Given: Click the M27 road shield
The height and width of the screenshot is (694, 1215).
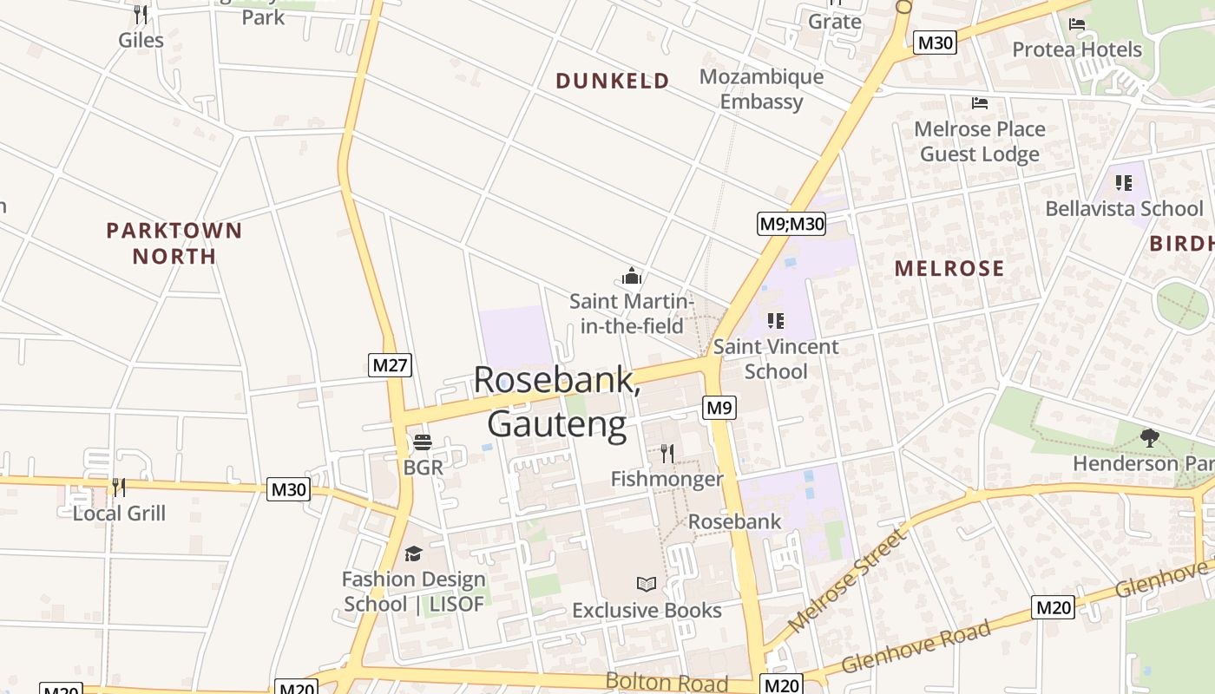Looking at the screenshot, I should [390, 365].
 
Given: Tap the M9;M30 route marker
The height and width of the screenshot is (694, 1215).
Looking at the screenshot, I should [791, 224].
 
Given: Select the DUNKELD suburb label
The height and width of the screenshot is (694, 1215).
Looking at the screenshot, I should [613, 82].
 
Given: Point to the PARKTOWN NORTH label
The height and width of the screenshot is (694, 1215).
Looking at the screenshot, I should [174, 243].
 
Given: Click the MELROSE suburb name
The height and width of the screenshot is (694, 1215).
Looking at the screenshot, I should [949, 269].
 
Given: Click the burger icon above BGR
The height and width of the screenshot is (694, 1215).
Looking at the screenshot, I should [423, 442].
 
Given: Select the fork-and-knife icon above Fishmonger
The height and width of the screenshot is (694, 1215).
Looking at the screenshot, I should [667, 453].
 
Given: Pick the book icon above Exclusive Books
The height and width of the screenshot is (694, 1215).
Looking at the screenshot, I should [647, 584].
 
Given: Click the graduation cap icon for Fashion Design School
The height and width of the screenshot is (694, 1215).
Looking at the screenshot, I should [413, 553].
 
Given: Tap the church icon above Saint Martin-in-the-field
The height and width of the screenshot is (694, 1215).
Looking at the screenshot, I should [631, 277].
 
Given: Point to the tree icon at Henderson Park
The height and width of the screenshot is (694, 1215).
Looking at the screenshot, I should [1150, 438].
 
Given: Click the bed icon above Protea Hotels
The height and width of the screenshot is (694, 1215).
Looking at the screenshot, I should [1077, 24].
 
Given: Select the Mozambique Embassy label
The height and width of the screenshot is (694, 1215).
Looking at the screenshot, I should [761, 89].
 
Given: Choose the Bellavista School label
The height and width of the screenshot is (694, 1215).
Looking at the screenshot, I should [1124, 208].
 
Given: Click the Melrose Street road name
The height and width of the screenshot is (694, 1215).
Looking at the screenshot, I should [847, 579].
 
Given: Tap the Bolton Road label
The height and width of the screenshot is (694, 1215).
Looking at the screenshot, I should [667, 682].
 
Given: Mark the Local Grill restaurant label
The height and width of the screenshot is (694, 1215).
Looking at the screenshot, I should [119, 513].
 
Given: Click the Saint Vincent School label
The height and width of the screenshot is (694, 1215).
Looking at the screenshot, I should [776, 359].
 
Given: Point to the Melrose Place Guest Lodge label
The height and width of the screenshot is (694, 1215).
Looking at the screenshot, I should [980, 141].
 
